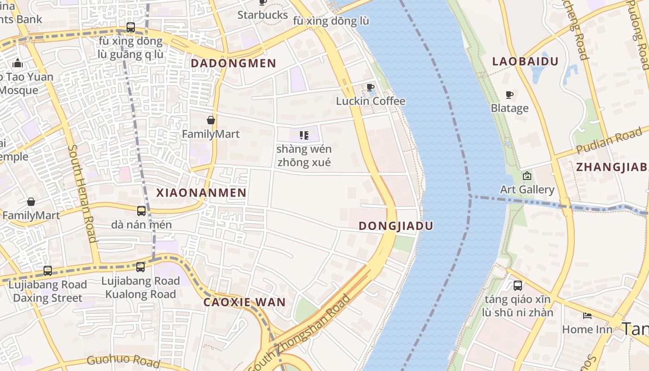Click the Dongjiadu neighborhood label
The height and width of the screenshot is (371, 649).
click(396, 226)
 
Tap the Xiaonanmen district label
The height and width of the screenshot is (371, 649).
click(201, 193)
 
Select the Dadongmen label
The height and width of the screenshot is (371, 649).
click(233, 63)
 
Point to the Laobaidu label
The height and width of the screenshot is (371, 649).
click(525, 61)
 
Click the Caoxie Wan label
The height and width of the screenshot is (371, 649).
click(244, 302)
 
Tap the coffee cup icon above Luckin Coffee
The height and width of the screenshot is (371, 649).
click(370, 87)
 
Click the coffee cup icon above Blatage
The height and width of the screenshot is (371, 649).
click(509, 95)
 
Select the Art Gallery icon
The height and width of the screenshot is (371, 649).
click(527, 176)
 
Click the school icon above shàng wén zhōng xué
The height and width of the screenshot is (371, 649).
click(304, 135)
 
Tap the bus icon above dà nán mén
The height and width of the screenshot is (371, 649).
click(141, 211)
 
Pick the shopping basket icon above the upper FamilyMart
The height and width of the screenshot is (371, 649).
click(211, 120)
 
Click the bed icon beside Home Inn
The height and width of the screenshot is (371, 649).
click(587, 316)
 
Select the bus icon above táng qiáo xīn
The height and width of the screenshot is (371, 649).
click(518, 286)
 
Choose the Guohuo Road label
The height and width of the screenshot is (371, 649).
click(123, 360)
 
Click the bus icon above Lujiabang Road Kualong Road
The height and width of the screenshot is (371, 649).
click(140, 267)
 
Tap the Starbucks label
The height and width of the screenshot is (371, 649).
click(262, 15)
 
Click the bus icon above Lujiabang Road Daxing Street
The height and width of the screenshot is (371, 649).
click(48, 270)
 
